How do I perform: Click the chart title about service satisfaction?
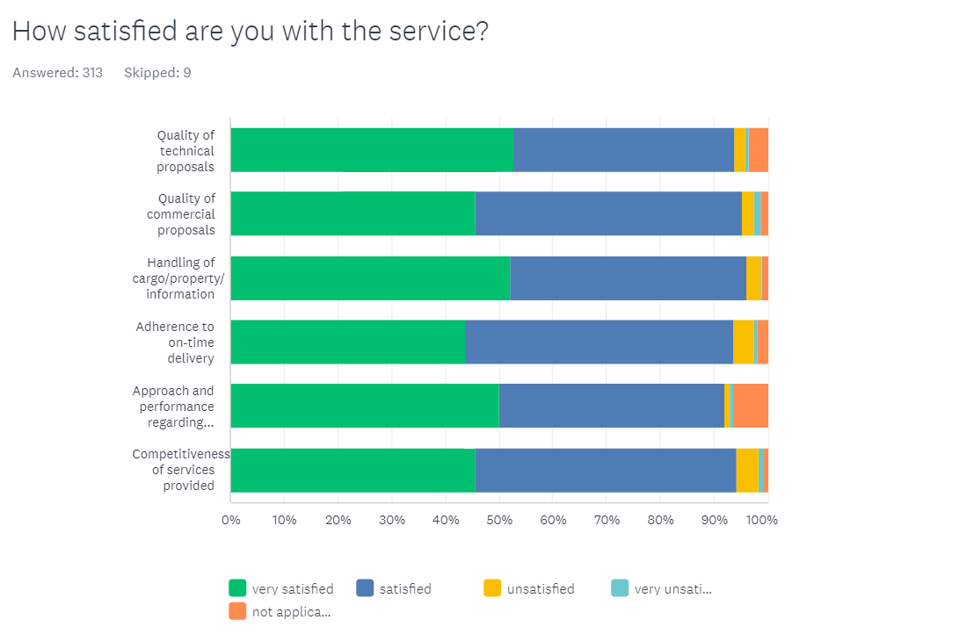coord(250,32)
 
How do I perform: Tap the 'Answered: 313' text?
coord(57,73)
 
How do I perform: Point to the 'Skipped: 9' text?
coord(157,73)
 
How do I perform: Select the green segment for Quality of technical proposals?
coord(371,150)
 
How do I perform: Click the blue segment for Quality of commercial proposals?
coord(607,213)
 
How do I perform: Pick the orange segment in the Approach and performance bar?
coord(750,406)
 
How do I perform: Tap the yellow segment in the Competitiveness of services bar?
coord(747,471)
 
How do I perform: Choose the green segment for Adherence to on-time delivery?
coord(347,342)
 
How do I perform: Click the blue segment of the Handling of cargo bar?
coord(628,278)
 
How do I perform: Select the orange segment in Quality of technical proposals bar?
coord(759,150)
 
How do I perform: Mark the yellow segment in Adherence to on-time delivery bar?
coord(743,342)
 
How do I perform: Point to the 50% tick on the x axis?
coord(499,519)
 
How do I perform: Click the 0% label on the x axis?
coord(231,519)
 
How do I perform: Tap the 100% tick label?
coord(762,519)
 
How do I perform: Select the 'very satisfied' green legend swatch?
coord(237,588)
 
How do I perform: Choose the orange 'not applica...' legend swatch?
coord(237,611)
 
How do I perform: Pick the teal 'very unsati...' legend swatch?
coord(620,588)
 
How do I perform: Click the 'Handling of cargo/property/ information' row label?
coord(180,278)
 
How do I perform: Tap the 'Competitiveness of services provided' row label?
coord(180,470)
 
